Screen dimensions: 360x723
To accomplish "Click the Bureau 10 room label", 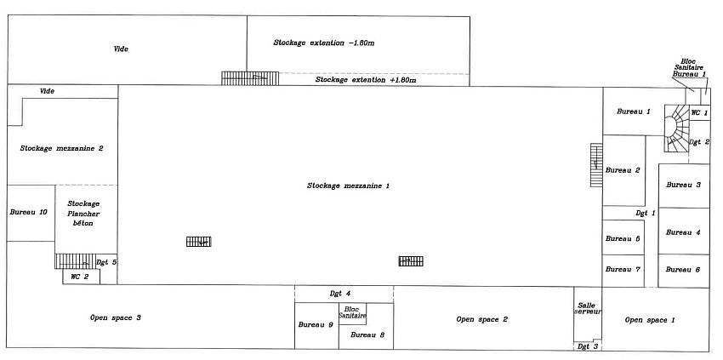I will coord(28,212).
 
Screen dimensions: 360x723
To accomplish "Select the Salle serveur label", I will coord(587,308).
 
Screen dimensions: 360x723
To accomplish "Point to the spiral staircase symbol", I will coord(677,130).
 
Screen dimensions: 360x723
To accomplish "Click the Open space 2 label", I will coord(481,319).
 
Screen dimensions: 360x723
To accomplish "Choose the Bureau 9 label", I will coord(315,325).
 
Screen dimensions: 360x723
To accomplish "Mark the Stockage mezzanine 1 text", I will coord(348,185).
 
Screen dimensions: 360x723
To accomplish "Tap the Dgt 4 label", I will coord(340,294).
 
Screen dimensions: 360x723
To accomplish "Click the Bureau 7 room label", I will coord(622,269).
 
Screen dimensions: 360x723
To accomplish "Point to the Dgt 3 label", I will coord(588,346).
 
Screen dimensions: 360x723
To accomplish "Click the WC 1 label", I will coord(698,112).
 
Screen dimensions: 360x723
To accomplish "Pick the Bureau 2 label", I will coord(622,170).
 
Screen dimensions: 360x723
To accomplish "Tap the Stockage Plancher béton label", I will coord(83,212).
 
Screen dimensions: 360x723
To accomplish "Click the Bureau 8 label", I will coord(367,335).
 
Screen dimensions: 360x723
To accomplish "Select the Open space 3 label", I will coord(115,317).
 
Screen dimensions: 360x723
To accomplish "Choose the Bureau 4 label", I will coord(683,232).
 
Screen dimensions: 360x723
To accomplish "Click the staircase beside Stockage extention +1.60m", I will coord(250,77).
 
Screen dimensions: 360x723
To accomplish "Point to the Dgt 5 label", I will coord(106,262).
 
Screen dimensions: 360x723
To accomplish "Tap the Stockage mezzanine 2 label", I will coord(61,148).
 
